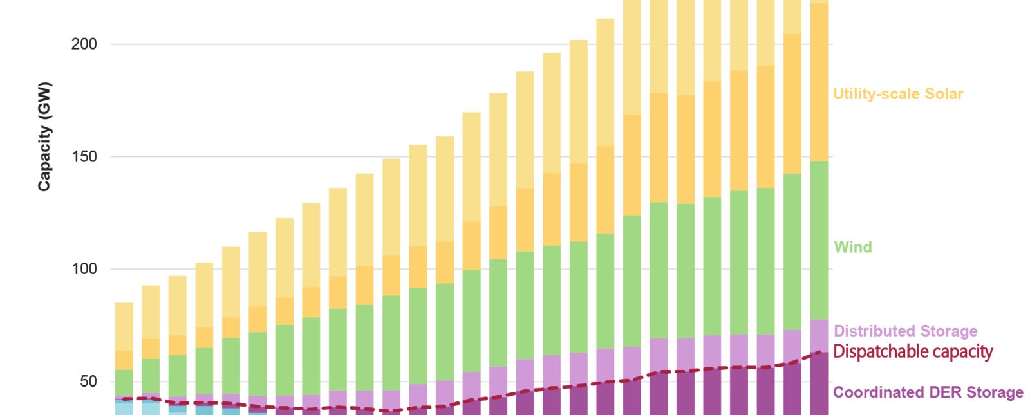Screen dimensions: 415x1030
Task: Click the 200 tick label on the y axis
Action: click(84, 44)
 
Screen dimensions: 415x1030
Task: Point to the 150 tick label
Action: click(84, 156)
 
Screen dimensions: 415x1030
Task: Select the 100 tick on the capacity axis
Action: click(84, 269)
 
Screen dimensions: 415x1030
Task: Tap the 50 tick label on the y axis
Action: click(88, 382)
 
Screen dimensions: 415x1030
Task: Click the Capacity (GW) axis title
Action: click(44, 136)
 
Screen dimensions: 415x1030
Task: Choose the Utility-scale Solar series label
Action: click(898, 94)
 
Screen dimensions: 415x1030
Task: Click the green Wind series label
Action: click(853, 247)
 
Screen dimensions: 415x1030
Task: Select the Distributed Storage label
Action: click(905, 331)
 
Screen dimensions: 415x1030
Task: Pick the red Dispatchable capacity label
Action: click(913, 352)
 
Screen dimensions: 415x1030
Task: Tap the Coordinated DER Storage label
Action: click(928, 392)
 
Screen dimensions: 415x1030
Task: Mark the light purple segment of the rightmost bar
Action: click(819, 335)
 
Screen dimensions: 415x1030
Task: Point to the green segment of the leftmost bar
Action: click(124, 382)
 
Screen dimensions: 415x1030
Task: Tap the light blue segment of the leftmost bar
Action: click(124, 408)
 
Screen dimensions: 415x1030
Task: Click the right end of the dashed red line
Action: click(819, 352)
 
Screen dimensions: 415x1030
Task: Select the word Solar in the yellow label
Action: click(944, 94)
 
